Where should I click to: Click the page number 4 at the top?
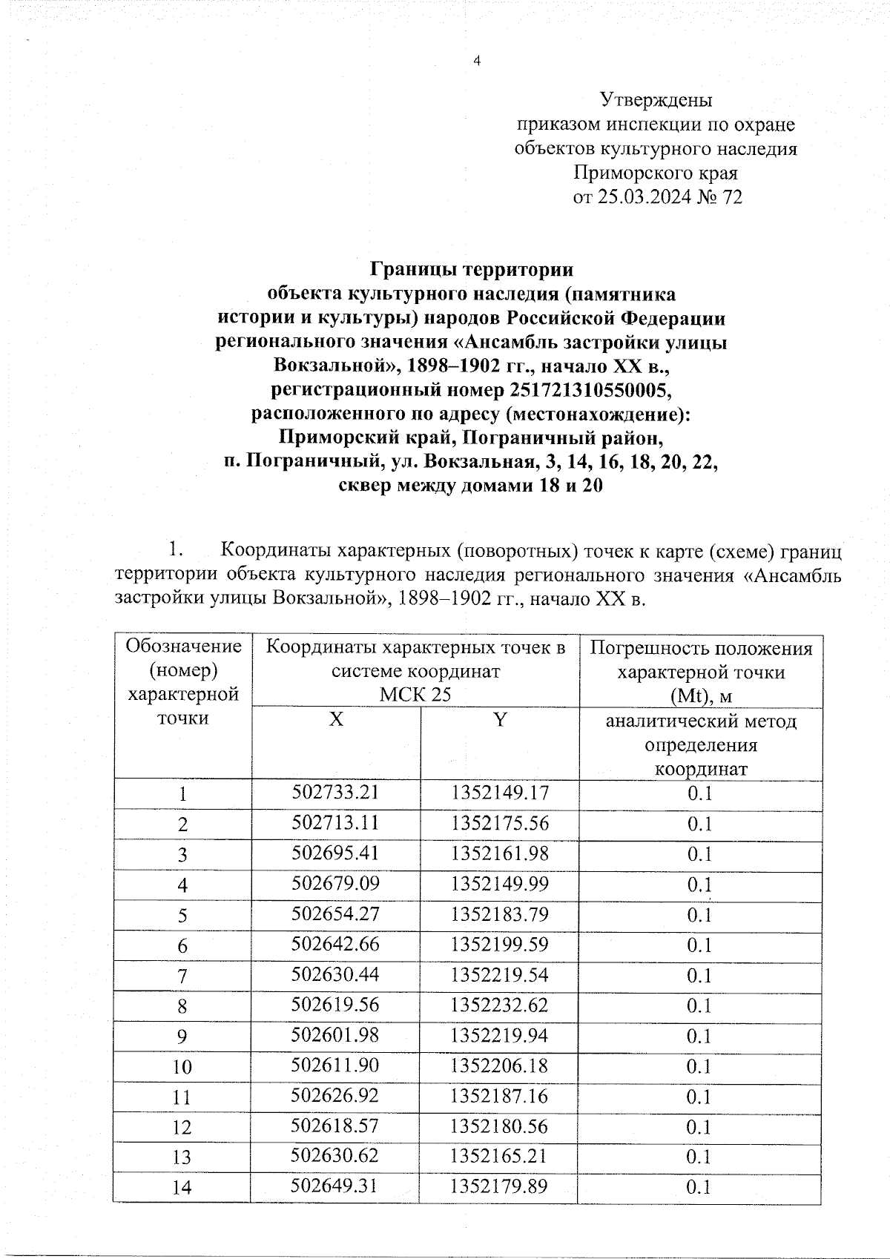pyautogui.click(x=477, y=62)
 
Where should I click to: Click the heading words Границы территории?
pyautogui.click(x=472, y=268)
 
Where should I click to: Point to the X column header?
pyautogui.click(x=336, y=719)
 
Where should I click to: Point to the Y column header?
pyautogui.click(x=500, y=719)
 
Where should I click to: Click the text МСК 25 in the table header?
pyautogui.click(x=415, y=694)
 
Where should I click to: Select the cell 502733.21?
pyautogui.click(x=335, y=792)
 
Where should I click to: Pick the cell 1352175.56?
pyautogui.click(x=499, y=822)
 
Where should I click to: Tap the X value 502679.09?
pyautogui.click(x=335, y=883)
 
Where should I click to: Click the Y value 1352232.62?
pyautogui.click(x=499, y=1005)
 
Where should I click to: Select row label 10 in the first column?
pyautogui.click(x=182, y=1066)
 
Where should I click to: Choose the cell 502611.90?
pyautogui.click(x=335, y=1065)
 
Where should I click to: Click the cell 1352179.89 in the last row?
pyautogui.click(x=499, y=1186)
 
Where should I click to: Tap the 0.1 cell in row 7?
pyautogui.click(x=699, y=975)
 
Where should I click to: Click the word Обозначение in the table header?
pyautogui.click(x=184, y=646)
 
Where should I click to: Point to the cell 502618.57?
pyautogui.click(x=335, y=1126)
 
